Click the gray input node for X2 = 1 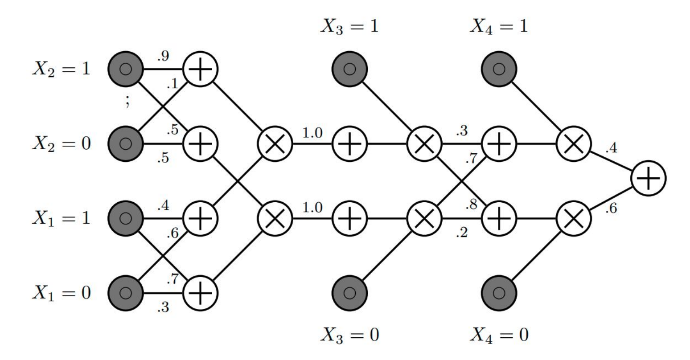125,70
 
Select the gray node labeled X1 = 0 125,293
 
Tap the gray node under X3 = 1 349,70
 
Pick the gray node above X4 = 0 499,293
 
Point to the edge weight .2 461,233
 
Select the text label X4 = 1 499,26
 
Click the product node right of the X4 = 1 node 574,144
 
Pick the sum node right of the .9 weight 200,70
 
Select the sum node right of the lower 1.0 349,218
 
